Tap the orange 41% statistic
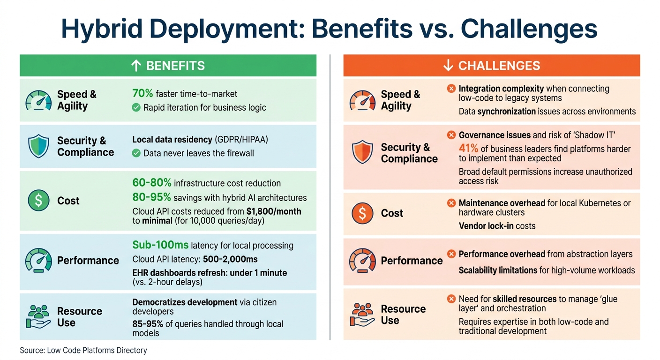469,149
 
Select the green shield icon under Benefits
38,146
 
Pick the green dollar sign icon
38,201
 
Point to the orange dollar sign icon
362,213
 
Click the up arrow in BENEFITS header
136,66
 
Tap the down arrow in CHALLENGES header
448,66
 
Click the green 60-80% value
152,183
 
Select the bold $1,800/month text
274,211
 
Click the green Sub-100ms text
160,245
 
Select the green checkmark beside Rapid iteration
136,108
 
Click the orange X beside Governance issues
451,135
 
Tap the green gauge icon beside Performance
38,261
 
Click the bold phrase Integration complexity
501,89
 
